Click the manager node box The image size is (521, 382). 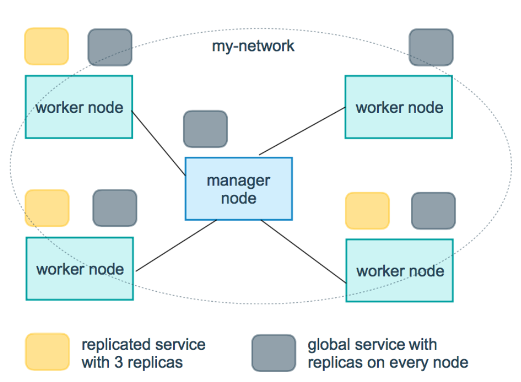(238, 189)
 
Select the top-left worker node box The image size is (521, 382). (79, 107)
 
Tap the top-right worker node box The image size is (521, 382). (399, 107)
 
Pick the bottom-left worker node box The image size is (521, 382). (80, 269)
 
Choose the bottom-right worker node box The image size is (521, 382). (399, 271)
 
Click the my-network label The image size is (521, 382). (253, 46)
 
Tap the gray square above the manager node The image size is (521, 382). (205, 129)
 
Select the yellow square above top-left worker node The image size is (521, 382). (47, 47)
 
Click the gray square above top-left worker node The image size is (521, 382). (110, 48)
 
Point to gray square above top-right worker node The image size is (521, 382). (431, 48)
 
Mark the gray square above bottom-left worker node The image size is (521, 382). (114, 208)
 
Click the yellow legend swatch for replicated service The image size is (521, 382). (48, 352)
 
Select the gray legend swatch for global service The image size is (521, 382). (274, 353)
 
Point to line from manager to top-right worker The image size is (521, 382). (303, 131)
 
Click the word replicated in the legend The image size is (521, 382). (111, 345)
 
